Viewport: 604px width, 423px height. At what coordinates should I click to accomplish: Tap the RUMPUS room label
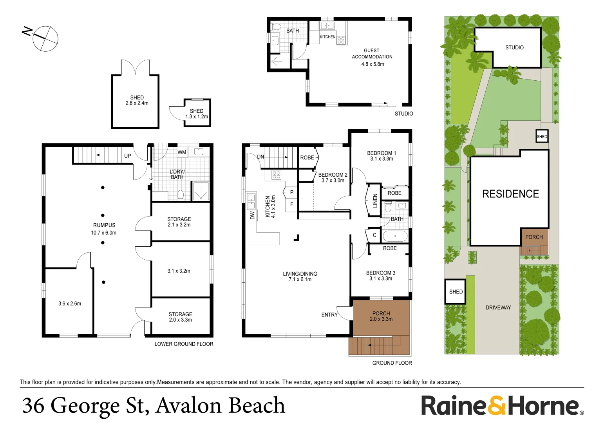coord(104,225)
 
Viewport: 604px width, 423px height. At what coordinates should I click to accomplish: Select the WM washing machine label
coord(182,152)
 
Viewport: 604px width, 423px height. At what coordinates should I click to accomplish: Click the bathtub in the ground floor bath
coord(395,236)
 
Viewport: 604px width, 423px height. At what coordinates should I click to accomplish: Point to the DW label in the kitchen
coord(253,215)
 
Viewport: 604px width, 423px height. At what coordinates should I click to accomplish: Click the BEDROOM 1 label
coord(382,153)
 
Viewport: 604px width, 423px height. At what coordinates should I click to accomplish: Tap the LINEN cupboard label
coord(375,200)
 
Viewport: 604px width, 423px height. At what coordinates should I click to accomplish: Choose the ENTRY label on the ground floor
coord(329,315)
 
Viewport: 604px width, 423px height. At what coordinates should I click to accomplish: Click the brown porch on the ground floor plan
coord(381,317)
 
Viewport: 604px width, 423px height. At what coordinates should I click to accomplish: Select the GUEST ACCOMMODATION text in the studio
coord(372,54)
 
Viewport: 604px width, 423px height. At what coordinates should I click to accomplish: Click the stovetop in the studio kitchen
coord(341,40)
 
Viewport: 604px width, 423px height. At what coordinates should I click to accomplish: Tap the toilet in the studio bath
coord(276,27)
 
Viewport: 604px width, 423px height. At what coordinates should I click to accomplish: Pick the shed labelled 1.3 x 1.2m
coord(197,113)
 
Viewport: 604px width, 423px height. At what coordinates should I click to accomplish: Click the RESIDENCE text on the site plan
coord(510,194)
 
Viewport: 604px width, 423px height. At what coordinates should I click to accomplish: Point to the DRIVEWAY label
coord(498,307)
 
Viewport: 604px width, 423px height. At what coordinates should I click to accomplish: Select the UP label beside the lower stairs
coord(128,156)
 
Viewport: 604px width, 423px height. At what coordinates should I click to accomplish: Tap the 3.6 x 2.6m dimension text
coord(70,304)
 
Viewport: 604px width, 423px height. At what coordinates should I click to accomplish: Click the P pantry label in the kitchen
coord(291,192)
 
